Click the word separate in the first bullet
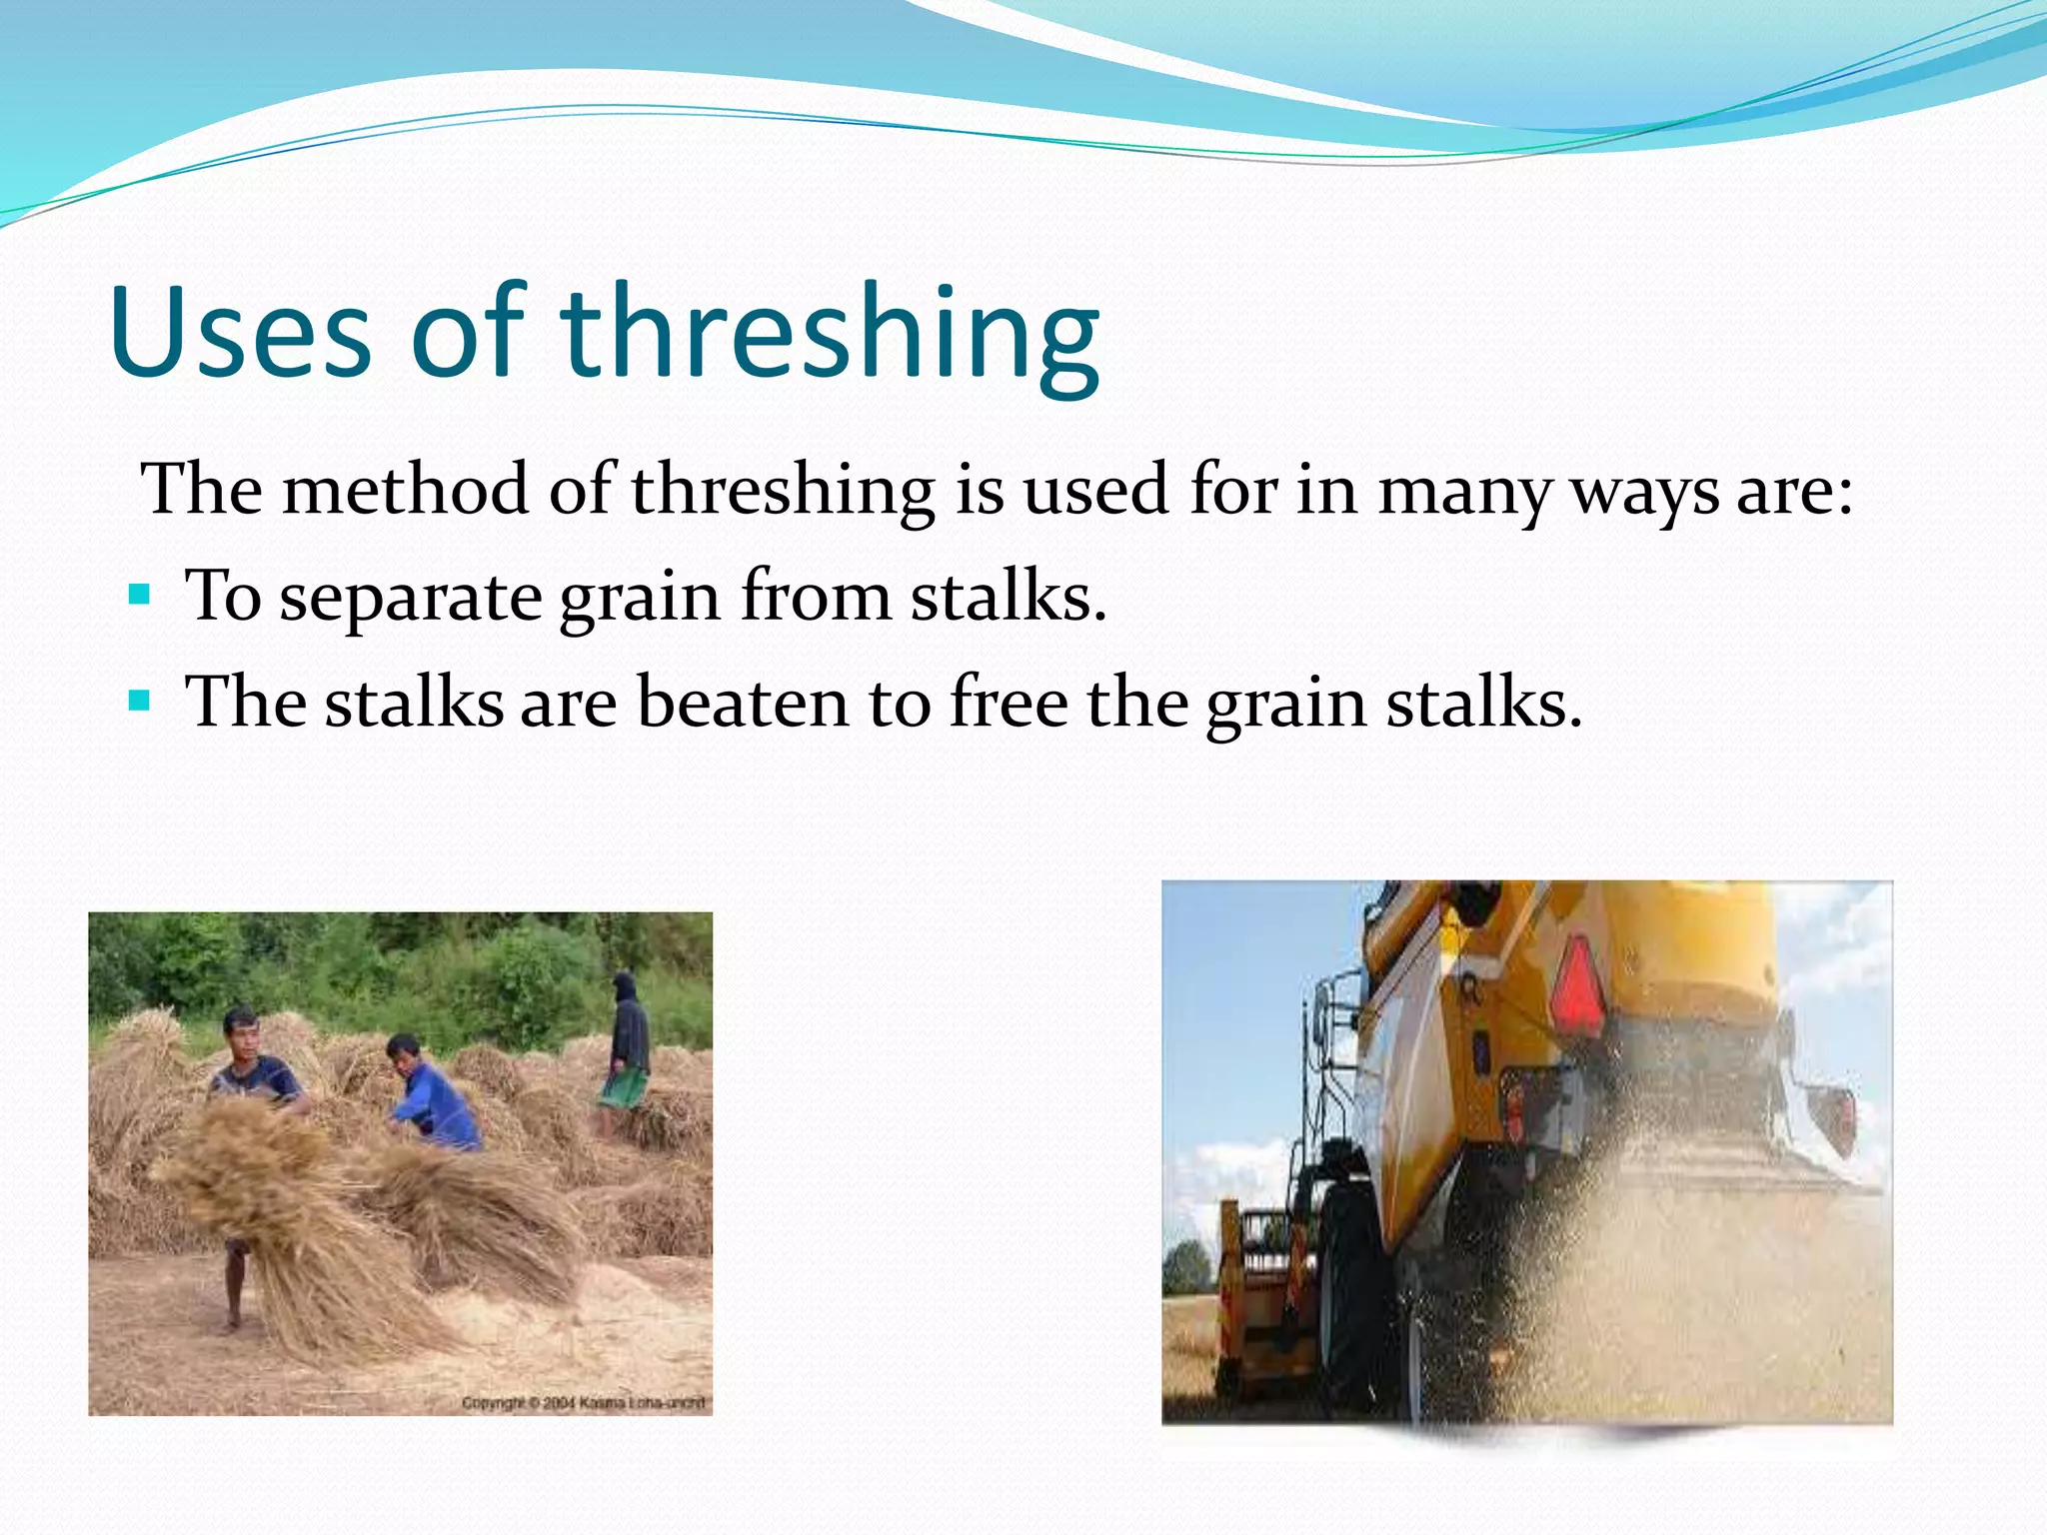coord(410,598)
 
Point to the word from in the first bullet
coord(816,596)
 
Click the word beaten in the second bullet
coord(743,702)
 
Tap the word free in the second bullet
coord(1008,702)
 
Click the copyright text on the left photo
coord(584,1403)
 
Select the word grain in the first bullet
coord(640,598)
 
